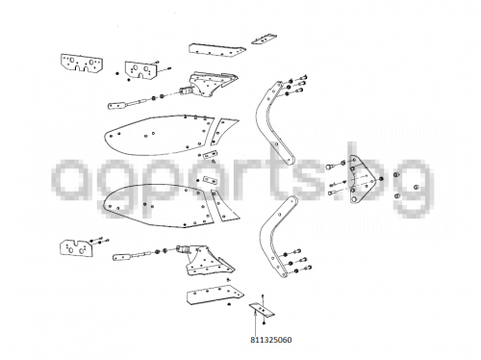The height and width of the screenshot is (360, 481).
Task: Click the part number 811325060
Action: [x=271, y=340]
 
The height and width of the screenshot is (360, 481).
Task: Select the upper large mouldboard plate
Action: [x=159, y=135]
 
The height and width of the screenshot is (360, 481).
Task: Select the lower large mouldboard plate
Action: [x=159, y=206]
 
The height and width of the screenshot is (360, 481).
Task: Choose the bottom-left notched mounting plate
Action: [x=76, y=248]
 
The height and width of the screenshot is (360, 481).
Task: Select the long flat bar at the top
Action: [x=216, y=50]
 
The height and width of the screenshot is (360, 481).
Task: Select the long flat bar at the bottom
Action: [x=215, y=295]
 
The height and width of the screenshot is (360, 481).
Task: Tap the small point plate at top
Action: [x=264, y=39]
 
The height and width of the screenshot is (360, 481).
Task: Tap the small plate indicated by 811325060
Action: [x=262, y=310]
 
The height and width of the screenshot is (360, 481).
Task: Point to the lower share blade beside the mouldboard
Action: [x=225, y=206]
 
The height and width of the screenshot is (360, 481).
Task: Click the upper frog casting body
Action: [x=212, y=84]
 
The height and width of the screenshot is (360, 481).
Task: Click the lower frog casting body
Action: [x=210, y=261]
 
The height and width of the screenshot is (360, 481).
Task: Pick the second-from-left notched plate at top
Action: [x=140, y=70]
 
